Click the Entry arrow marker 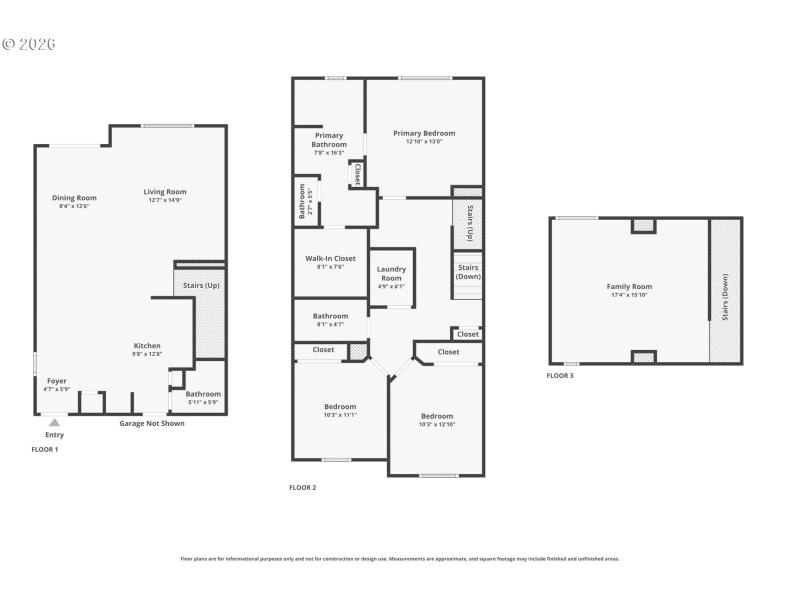click(x=54, y=423)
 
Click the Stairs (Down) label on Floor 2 click(x=469, y=271)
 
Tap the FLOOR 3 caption click(x=560, y=376)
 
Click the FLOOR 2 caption click(x=302, y=487)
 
